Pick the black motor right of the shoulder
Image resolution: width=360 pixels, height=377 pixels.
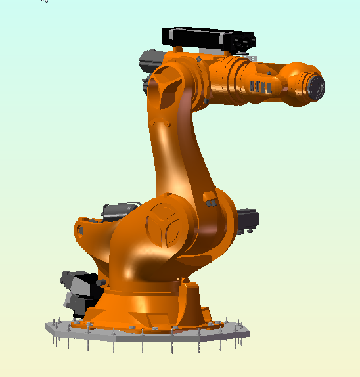coord(248,219)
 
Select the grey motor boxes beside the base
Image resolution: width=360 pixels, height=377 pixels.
coord(79,289)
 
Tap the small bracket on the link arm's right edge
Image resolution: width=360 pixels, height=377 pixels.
coord(209,198)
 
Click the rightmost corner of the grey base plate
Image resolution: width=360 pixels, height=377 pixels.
coord(249,334)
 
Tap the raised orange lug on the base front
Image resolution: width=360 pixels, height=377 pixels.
coord(191,289)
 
